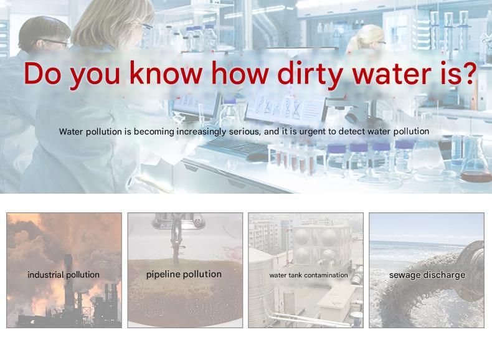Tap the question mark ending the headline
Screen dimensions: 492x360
(x=469, y=72)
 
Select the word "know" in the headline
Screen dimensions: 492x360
(x=166, y=72)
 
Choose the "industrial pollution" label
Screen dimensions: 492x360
(x=64, y=275)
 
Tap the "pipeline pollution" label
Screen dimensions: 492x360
(x=184, y=274)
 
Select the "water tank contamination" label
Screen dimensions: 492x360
(x=308, y=275)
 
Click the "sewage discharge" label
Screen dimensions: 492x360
(x=427, y=275)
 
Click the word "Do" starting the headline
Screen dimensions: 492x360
(x=42, y=73)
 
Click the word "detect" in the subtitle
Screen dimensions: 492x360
(x=352, y=131)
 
